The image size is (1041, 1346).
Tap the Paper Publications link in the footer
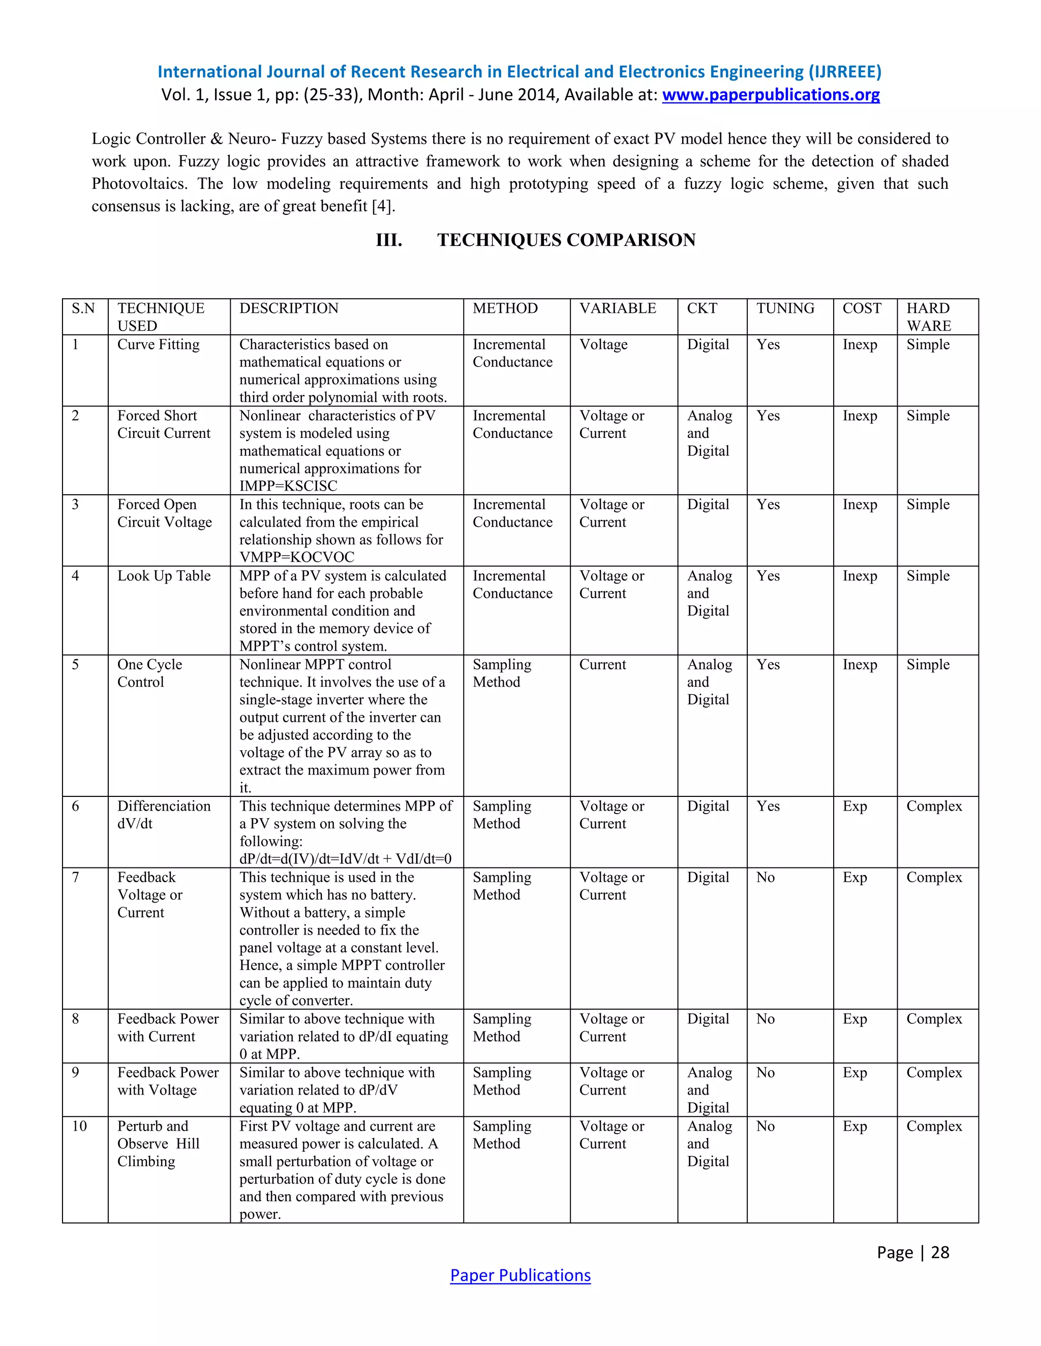(x=520, y=1275)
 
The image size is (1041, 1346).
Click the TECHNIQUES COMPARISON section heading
(x=566, y=240)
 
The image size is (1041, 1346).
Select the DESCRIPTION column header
(x=289, y=308)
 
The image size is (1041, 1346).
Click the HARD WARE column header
(x=929, y=317)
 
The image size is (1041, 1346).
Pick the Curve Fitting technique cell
(x=159, y=344)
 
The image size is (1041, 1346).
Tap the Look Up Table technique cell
(x=164, y=575)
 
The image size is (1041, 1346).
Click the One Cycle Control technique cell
(x=149, y=673)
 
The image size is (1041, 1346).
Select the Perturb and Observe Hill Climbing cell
(x=158, y=1143)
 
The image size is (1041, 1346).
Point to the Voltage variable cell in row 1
(x=603, y=344)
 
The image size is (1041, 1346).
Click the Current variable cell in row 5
(x=602, y=664)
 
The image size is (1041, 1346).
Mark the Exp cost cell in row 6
(x=855, y=806)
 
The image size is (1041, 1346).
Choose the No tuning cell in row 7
(x=766, y=877)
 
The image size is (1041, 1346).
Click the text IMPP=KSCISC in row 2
(x=288, y=486)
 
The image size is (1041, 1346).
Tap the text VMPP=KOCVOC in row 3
(x=297, y=557)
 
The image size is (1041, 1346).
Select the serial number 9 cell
(x=75, y=1072)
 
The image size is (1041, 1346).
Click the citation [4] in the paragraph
(x=382, y=206)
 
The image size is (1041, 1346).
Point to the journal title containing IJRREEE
(x=519, y=72)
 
